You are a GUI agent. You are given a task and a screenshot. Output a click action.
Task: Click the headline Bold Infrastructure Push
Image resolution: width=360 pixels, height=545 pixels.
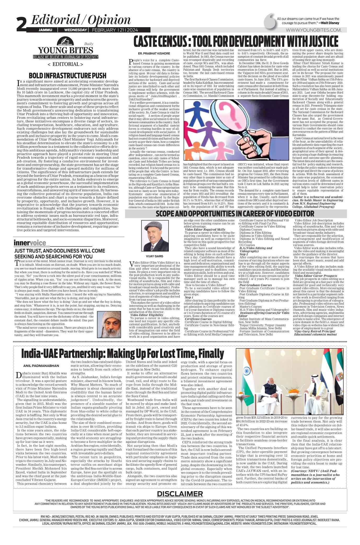67,76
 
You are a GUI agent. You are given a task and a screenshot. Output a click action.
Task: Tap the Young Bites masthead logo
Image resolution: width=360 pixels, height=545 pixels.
65,50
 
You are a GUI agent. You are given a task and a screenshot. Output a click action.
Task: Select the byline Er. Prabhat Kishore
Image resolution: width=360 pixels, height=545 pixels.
154,54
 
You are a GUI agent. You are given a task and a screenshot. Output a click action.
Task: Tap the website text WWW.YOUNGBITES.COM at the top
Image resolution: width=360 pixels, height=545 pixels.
313,30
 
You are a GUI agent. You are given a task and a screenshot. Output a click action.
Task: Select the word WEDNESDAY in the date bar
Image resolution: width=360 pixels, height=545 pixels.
76,30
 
